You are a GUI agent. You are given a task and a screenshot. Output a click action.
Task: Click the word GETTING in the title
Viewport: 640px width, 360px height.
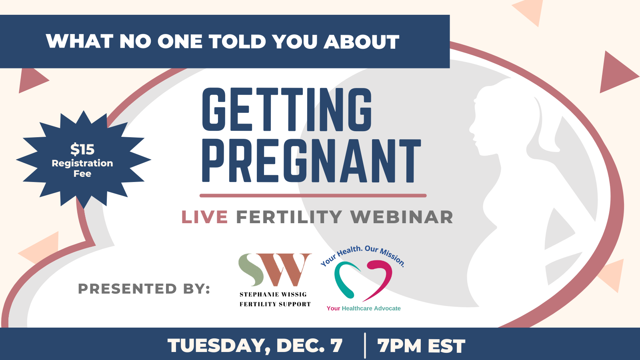click(287, 110)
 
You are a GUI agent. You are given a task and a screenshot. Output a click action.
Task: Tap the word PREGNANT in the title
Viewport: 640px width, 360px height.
click(312, 161)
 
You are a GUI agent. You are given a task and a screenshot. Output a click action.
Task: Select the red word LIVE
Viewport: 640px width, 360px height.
click(204, 217)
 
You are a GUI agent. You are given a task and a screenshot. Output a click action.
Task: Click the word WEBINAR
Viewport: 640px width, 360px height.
click(402, 217)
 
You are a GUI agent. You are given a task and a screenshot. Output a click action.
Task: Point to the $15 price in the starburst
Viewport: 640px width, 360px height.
click(82, 149)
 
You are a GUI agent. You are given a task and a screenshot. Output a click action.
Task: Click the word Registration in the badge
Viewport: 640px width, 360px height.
click(82, 163)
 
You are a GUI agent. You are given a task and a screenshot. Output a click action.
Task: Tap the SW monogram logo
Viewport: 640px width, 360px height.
click(275, 270)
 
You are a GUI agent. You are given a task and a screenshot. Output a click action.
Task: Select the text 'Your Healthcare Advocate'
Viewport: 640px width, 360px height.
click(364, 308)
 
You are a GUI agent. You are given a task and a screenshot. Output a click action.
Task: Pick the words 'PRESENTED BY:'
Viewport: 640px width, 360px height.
click(144, 288)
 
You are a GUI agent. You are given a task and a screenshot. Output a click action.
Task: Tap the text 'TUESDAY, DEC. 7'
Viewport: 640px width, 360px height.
click(255, 346)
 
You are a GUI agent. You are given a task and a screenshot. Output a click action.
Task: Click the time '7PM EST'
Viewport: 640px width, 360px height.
click(421, 346)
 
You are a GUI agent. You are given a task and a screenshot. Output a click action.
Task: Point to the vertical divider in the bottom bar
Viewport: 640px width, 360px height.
click(365, 346)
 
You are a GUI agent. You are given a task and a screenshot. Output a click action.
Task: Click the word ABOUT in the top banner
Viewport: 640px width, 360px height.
click(361, 42)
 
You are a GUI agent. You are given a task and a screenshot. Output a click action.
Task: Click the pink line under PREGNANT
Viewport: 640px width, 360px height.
click(313, 196)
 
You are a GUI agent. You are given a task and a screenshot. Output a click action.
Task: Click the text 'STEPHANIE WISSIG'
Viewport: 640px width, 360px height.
click(273, 294)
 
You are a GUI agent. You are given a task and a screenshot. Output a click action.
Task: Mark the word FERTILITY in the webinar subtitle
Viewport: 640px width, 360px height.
click(289, 217)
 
